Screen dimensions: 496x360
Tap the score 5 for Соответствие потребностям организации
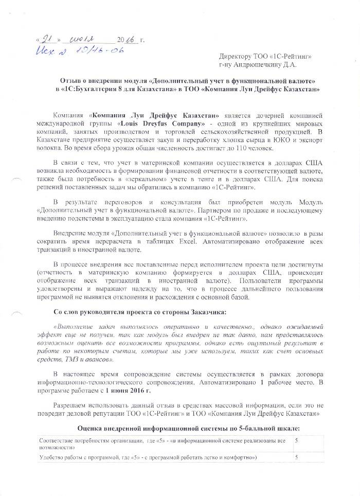click(296, 441)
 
